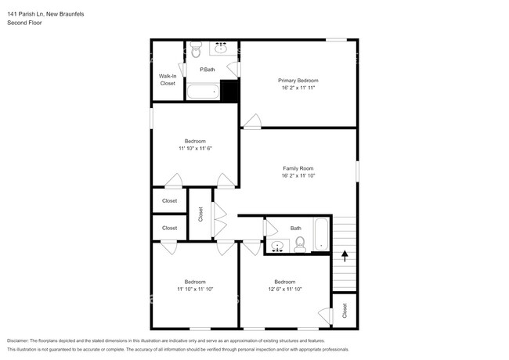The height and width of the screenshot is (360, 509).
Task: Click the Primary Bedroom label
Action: pyautogui.click(x=298, y=81)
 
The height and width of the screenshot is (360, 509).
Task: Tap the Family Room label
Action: pyautogui.click(x=298, y=168)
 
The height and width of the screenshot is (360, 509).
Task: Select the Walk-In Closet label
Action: pyautogui.click(x=168, y=79)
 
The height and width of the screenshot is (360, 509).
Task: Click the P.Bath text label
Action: pyautogui.click(x=208, y=70)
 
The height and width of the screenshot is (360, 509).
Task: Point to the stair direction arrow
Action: pyautogui.click(x=345, y=255)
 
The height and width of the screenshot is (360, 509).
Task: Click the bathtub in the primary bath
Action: pyautogui.click(x=203, y=92)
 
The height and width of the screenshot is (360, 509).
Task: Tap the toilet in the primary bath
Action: pyautogui.click(x=196, y=51)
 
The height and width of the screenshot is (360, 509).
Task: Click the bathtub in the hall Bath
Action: pyautogui.click(x=322, y=236)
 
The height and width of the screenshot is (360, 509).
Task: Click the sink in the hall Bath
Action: pyautogui.click(x=277, y=247)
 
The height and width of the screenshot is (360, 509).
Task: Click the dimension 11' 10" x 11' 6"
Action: pyautogui.click(x=195, y=148)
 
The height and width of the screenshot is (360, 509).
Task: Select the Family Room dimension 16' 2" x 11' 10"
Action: pyautogui.click(x=298, y=176)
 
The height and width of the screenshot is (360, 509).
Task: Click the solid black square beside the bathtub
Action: pyautogui.click(x=229, y=91)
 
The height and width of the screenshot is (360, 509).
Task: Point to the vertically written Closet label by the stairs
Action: pyautogui.click(x=345, y=311)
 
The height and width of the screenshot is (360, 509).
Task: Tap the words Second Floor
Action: pyautogui.click(x=24, y=23)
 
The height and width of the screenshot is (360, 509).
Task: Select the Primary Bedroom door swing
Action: pyautogui.click(x=251, y=121)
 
